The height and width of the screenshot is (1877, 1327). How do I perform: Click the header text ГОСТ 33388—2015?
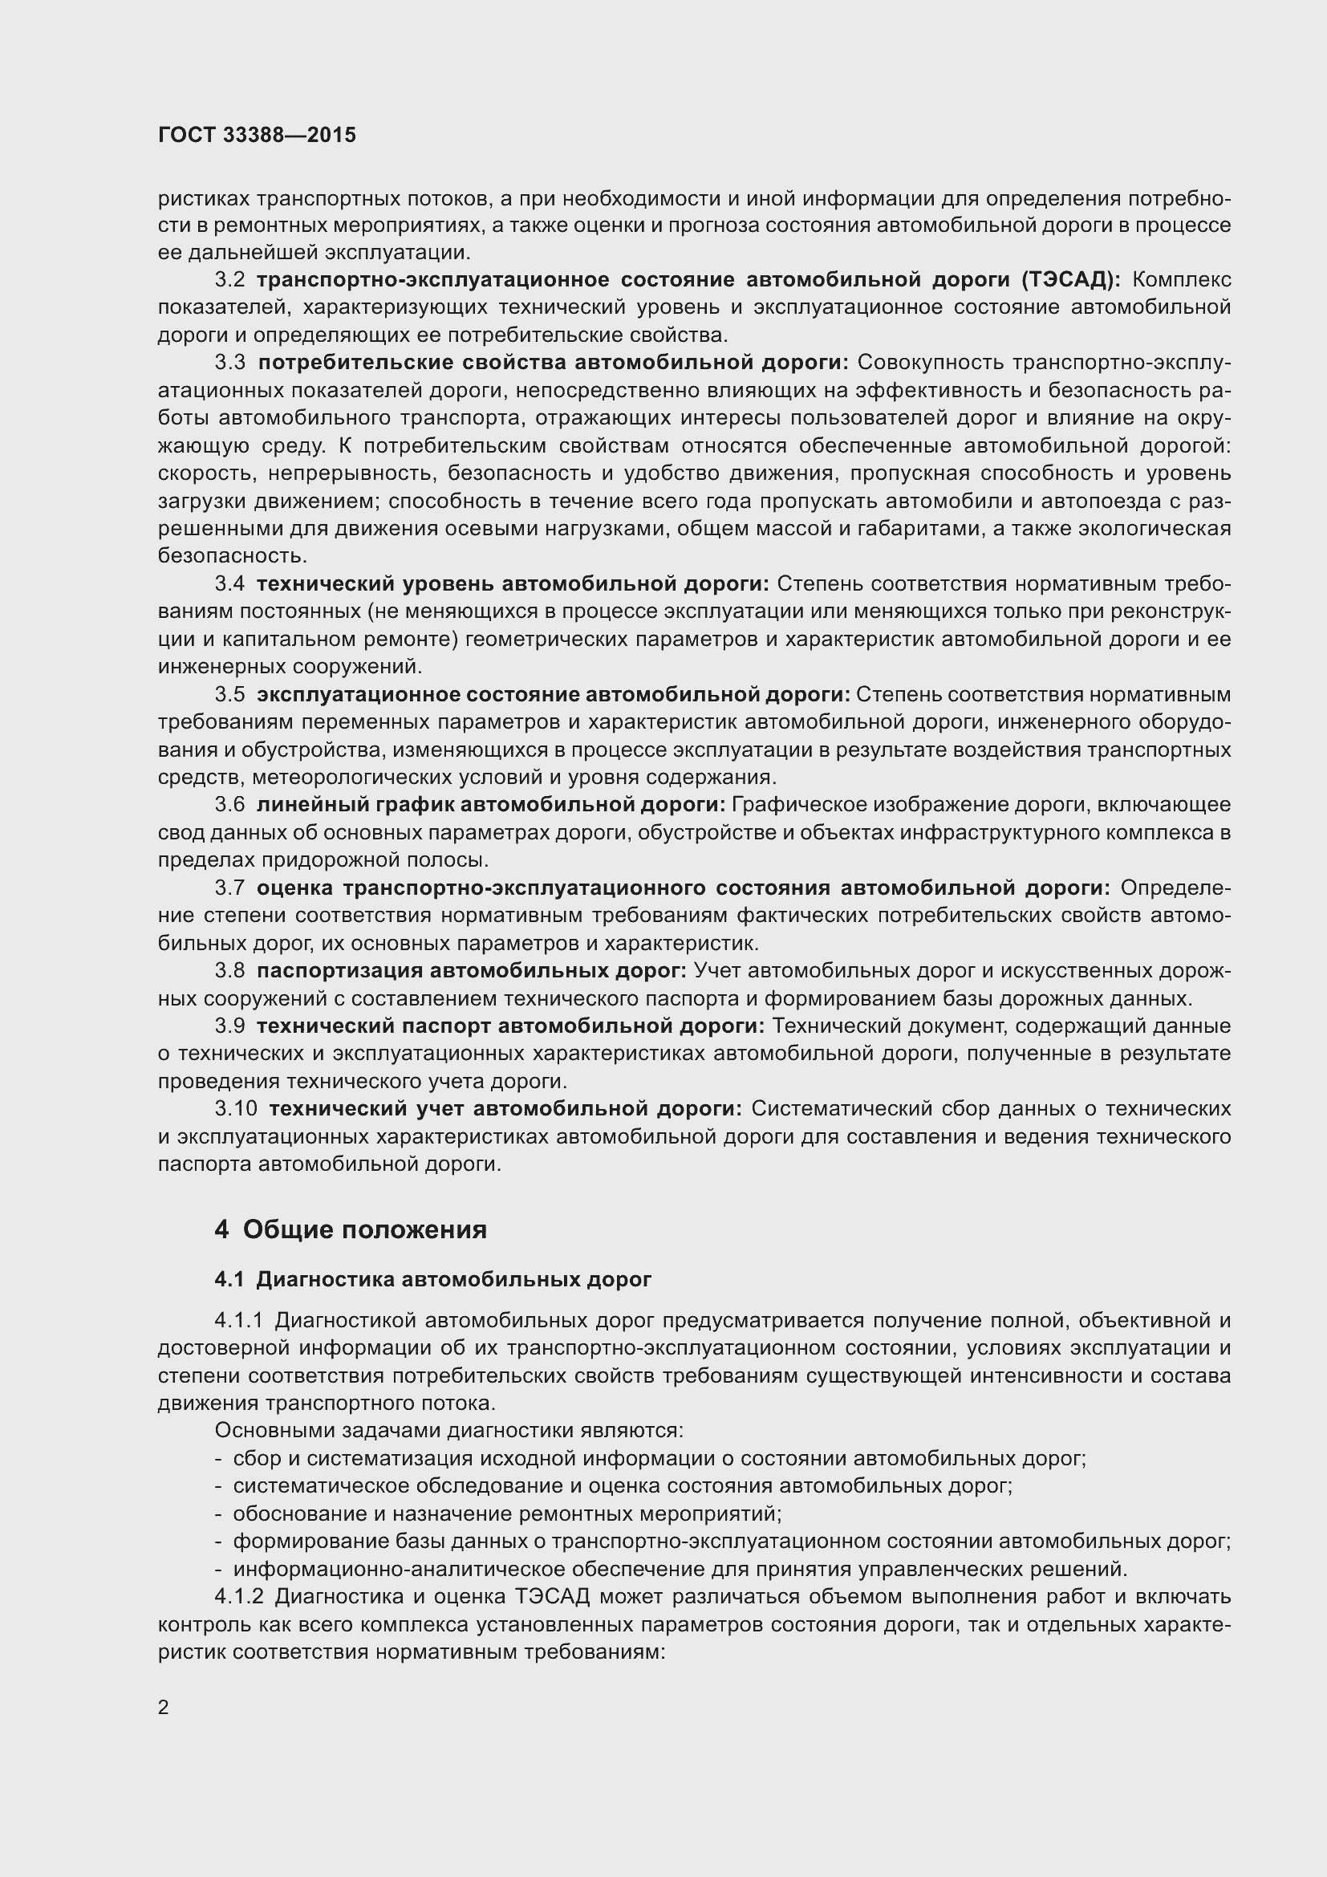click(257, 136)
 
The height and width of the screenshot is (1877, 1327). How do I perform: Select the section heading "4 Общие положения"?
click(351, 1229)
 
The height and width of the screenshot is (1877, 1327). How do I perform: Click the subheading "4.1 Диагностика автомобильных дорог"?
click(433, 1279)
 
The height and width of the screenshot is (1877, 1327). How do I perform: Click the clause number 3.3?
click(229, 362)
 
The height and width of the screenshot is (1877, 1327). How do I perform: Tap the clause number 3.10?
click(236, 1108)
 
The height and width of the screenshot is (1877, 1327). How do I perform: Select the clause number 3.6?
click(229, 804)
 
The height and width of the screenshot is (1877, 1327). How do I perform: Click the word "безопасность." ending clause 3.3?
click(232, 556)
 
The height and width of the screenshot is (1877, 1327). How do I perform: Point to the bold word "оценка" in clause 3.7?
click(294, 888)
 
